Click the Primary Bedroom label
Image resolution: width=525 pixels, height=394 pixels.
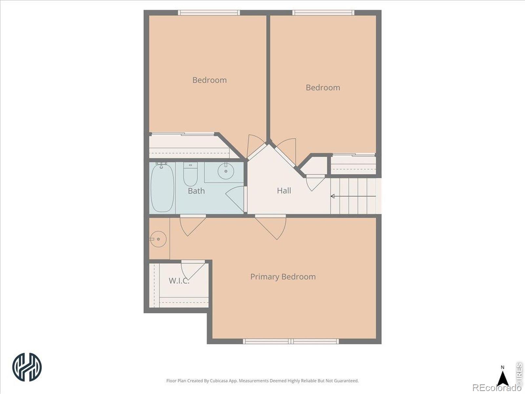283,277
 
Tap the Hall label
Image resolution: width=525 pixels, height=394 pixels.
284,191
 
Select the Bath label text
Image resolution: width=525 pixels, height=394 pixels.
196,191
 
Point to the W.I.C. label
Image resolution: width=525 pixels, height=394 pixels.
179,281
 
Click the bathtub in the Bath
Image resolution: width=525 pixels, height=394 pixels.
162,187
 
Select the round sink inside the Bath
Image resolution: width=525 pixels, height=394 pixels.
226,171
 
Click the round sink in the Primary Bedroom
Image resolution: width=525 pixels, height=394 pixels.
158,239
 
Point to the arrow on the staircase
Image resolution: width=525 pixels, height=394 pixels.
353,196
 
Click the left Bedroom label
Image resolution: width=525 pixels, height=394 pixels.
210,80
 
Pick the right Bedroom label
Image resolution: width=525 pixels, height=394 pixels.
323,88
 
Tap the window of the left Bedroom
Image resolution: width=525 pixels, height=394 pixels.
209,13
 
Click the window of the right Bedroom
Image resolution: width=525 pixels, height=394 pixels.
323,13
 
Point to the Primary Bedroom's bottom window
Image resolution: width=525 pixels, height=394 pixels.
291,341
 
